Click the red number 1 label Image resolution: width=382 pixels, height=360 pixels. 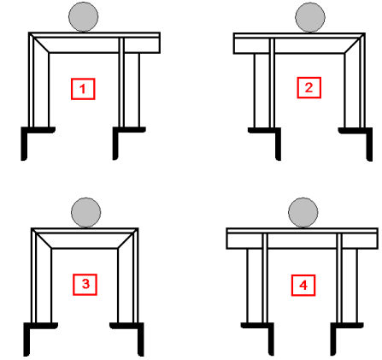click(83, 89)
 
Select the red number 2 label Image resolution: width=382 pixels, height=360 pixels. click(309, 88)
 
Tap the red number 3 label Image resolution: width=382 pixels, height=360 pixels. click(85, 285)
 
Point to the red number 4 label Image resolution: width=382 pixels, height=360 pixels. click(303, 286)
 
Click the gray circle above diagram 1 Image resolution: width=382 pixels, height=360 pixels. click(84, 17)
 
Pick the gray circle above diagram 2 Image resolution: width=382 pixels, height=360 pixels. click(310, 17)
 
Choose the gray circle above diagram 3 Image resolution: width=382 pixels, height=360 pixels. click(85, 213)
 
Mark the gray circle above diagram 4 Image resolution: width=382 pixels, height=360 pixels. click(303, 213)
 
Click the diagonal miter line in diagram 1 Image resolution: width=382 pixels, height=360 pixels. click(39, 43)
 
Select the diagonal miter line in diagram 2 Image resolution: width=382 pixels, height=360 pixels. click(355, 44)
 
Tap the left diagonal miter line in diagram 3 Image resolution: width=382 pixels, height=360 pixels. click(42, 239)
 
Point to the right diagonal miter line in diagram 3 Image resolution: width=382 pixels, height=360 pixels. click(127, 239)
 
